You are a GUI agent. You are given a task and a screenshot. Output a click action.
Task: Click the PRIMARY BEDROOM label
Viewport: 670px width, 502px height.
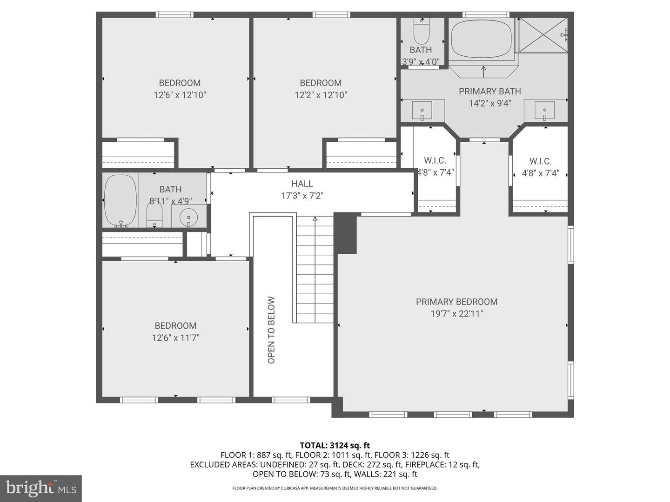click(x=456, y=302)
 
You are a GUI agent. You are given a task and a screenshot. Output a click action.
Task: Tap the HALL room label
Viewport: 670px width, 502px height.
click(x=302, y=184)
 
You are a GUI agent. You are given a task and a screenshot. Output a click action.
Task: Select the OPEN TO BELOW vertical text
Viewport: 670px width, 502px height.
click(x=271, y=330)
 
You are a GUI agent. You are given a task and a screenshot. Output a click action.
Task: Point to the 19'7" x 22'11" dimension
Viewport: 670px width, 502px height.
click(x=456, y=314)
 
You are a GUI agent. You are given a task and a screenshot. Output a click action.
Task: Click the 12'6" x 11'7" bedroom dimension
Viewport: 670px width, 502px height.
click(x=175, y=338)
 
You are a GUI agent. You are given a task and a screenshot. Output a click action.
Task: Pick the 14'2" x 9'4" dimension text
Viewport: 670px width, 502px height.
click(x=490, y=103)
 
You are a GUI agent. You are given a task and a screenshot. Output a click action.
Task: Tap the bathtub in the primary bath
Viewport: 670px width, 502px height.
click(x=482, y=39)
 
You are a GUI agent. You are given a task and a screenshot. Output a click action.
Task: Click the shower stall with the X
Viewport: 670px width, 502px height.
click(x=543, y=35)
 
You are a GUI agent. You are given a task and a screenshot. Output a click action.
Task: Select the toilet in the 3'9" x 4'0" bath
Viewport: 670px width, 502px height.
click(x=422, y=31)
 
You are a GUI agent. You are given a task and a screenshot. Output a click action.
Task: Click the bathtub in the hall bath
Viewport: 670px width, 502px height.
click(x=121, y=201)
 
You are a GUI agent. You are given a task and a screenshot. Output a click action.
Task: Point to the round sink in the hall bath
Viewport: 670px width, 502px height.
click(x=188, y=218)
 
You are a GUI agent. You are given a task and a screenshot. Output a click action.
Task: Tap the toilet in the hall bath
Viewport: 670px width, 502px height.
click(x=154, y=214)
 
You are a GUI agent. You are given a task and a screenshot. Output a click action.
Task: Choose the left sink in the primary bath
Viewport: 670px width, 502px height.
click(x=422, y=111)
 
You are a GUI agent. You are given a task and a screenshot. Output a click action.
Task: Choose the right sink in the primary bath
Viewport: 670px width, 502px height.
click(x=544, y=111)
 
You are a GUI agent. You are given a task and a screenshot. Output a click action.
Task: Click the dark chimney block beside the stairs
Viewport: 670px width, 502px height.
click(x=346, y=233)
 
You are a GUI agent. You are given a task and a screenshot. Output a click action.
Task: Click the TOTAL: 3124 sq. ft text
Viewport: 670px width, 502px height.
click(x=335, y=445)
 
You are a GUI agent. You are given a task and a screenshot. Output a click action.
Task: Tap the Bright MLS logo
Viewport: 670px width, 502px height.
click(x=41, y=488)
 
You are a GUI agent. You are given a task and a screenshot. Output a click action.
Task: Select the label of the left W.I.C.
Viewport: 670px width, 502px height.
click(x=435, y=160)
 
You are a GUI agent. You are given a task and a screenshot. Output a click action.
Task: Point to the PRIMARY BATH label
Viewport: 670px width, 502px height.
click(x=490, y=91)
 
